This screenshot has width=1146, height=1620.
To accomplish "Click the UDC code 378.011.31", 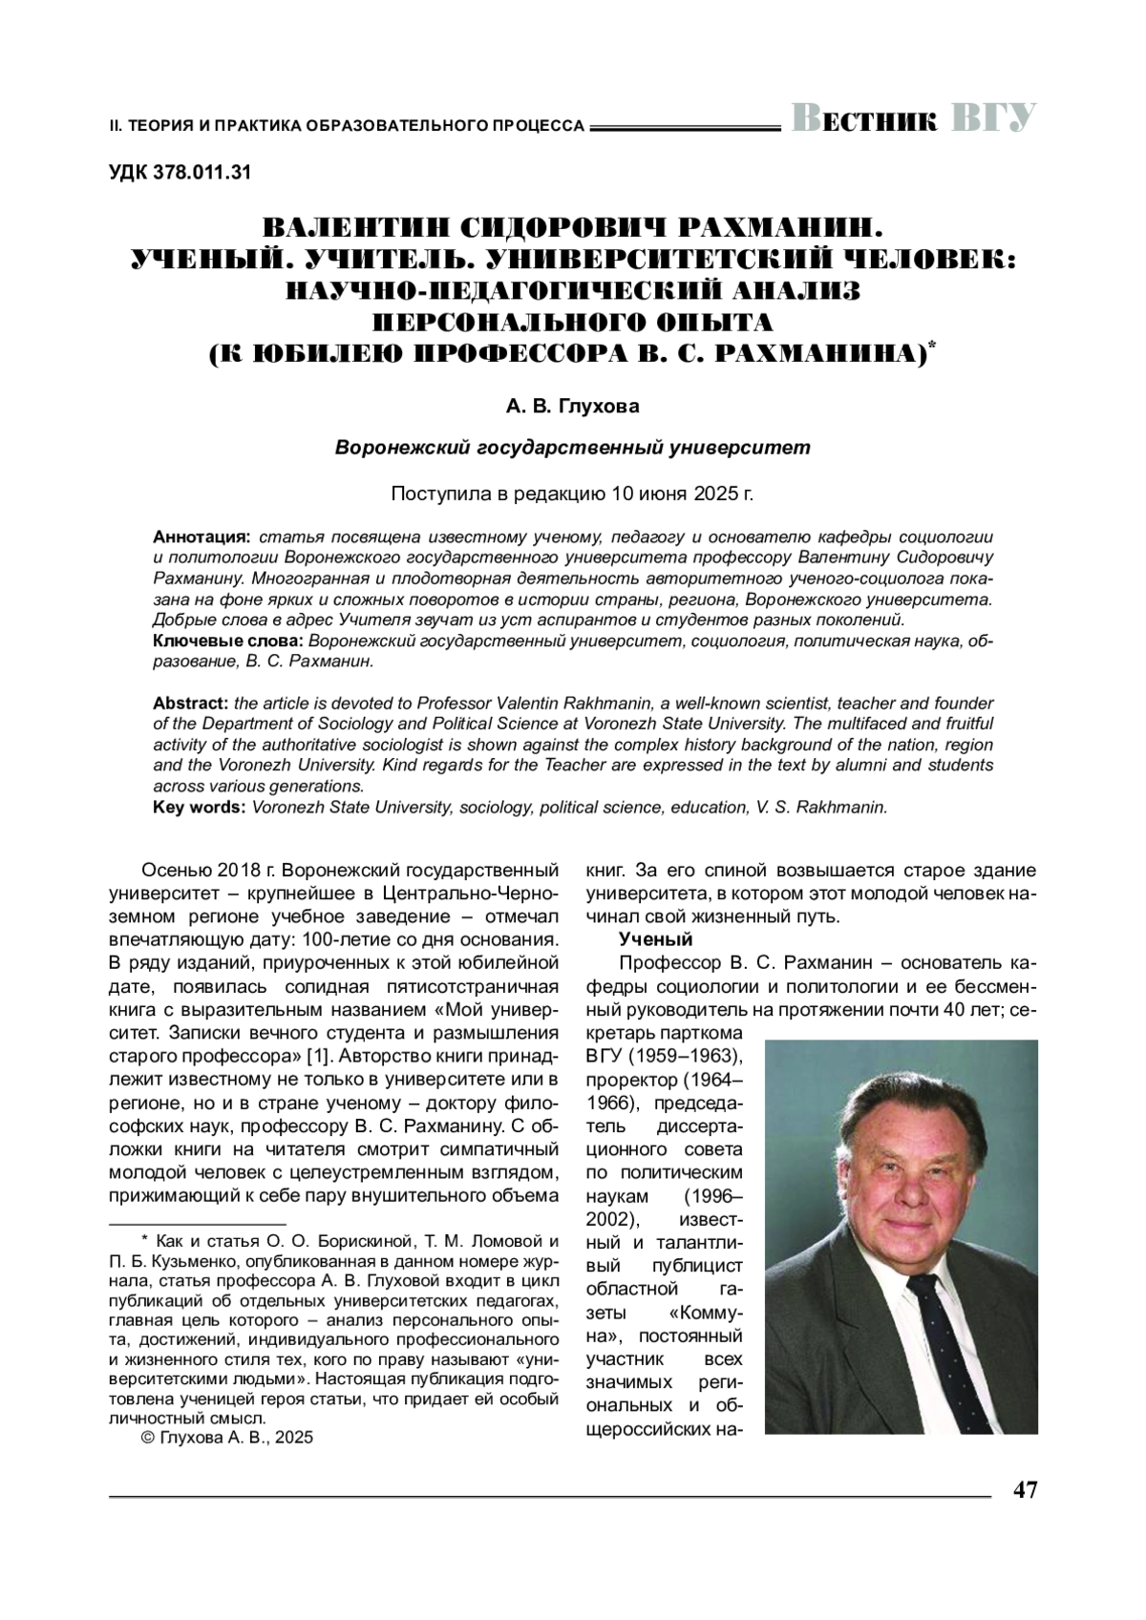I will click(180, 173).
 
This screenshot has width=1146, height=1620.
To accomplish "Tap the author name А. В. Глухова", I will click(572, 407).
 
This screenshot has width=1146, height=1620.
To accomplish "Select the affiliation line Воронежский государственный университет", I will click(572, 447).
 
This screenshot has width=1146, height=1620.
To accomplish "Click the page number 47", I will click(1025, 1490).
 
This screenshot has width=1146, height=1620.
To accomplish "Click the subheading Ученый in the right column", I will click(655, 938).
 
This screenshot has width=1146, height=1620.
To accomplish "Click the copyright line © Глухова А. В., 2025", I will click(226, 1438).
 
